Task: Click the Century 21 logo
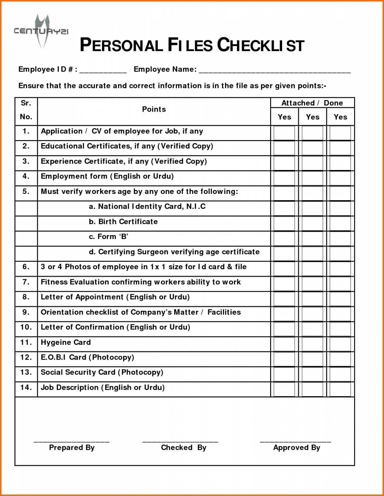click(x=41, y=32)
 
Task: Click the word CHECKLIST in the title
click(x=261, y=45)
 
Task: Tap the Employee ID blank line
click(x=103, y=71)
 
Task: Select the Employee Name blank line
click(x=274, y=71)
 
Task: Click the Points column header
click(x=154, y=109)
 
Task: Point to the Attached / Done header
click(x=312, y=103)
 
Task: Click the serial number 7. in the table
click(x=26, y=282)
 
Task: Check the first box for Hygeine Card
click(x=284, y=344)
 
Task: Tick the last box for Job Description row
click(x=340, y=389)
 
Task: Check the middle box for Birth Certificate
click(x=312, y=223)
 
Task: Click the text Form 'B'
click(x=109, y=237)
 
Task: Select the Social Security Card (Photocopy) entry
click(x=102, y=372)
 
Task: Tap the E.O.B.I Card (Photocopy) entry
click(x=87, y=358)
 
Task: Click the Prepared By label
click(x=72, y=448)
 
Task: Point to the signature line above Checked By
click(x=180, y=441)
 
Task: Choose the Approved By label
click(x=296, y=448)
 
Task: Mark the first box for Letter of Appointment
click(x=284, y=299)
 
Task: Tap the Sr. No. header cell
click(x=26, y=110)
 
